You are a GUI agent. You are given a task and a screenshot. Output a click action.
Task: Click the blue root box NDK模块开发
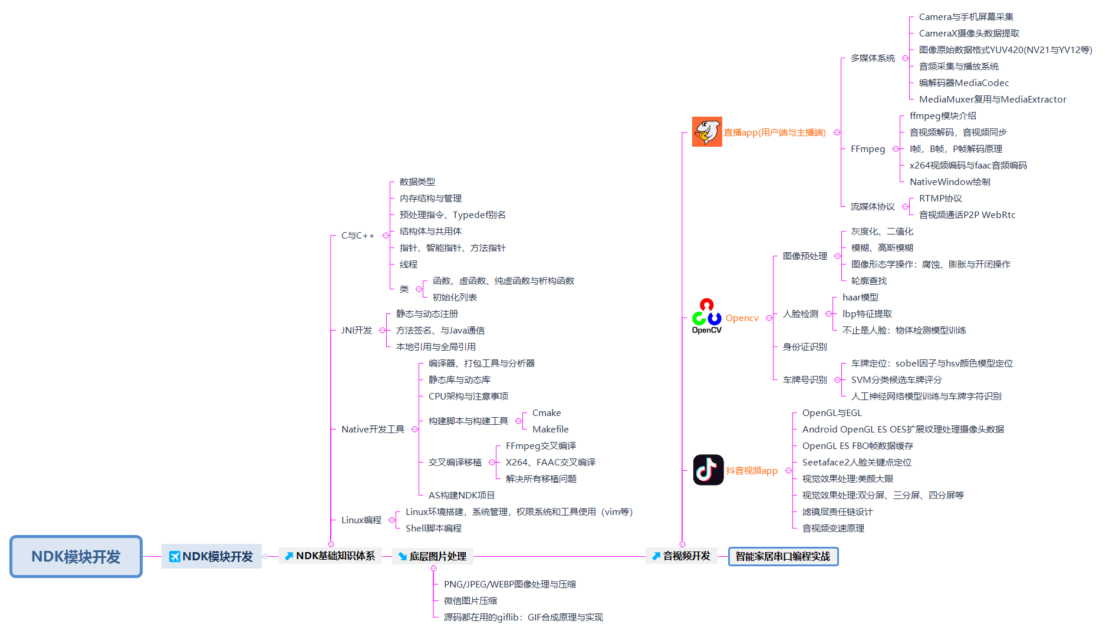pyautogui.click(x=76, y=556)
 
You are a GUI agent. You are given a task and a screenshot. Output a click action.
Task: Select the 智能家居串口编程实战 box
pyautogui.click(x=783, y=556)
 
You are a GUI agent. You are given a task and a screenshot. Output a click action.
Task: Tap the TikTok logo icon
pyautogui.click(x=708, y=470)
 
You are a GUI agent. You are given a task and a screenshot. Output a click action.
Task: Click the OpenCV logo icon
pyautogui.click(x=706, y=316)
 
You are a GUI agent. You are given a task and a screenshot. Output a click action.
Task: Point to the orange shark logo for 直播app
pyautogui.click(x=707, y=131)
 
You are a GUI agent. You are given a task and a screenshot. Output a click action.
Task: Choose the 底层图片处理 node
pyautogui.click(x=432, y=556)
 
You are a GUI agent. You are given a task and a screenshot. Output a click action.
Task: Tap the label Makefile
pyautogui.click(x=550, y=430)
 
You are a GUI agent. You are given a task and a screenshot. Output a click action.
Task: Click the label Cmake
pyautogui.click(x=547, y=413)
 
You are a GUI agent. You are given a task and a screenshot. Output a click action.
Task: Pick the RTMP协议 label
pyautogui.click(x=940, y=199)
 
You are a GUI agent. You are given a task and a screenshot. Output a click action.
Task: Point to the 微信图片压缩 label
pyautogui.click(x=470, y=601)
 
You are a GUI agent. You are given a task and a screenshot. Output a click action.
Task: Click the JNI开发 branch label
pyautogui.click(x=357, y=331)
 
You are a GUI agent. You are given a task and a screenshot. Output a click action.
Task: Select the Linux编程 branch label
pyautogui.click(x=361, y=520)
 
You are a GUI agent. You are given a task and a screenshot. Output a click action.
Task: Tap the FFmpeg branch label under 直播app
pyautogui.click(x=868, y=149)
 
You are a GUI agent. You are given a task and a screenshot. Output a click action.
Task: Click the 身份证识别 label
pyautogui.click(x=805, y=347)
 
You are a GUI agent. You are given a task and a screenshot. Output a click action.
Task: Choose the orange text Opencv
pyautogui.click(x=742, y=318)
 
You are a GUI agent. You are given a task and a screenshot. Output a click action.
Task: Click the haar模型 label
pyautogui.click(x=860, y=298)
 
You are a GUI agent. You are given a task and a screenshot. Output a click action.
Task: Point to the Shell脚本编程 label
pyautogui.click(x=433, y=529)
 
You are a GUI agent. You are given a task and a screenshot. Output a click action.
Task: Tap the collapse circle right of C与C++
pyautogui.click(x=386, y=236)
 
